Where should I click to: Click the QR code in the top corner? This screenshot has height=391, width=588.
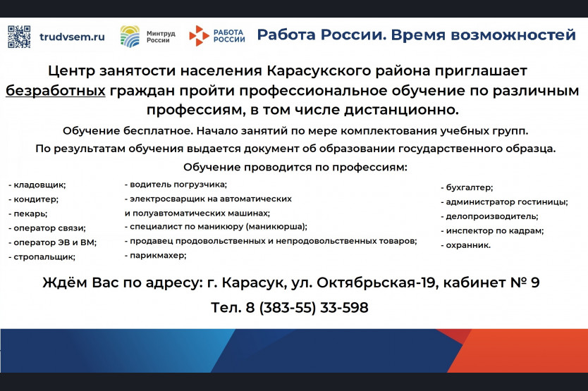(19, 37)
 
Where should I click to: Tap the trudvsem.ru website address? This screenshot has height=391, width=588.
(72, 37)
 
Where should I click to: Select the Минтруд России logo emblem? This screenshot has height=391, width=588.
(130, 36)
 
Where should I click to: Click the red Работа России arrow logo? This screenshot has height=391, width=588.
(199, 36)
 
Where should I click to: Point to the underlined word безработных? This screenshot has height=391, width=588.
(56, 91)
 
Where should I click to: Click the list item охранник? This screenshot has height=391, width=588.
(466, 246)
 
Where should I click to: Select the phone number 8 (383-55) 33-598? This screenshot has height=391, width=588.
(307, 308)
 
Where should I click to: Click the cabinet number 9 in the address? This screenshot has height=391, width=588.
(534, 283)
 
